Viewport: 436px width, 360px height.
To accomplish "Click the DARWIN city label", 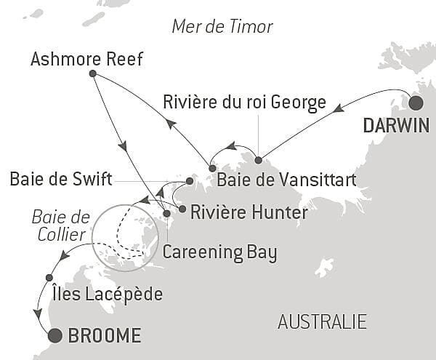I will (x=396, y=125).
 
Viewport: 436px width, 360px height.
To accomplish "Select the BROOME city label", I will (x=104, y=336).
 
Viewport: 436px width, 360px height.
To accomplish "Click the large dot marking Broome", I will (x=54, y=335).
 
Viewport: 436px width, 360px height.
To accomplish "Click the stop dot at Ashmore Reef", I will (x=92, y=73).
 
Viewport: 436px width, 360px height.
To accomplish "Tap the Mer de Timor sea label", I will (x=222, y=27).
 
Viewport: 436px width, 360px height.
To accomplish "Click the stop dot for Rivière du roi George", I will (x=258, y=159).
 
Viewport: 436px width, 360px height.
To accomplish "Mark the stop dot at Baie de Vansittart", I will (x=211, y=168).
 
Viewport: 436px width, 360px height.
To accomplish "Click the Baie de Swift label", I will (x=61, y=180).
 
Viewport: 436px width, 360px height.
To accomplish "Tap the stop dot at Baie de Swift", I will (x=189, y=180).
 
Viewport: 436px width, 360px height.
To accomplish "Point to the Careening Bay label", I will (x=220, y=252).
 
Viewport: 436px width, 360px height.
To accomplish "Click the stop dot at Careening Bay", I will (x=166, y=214).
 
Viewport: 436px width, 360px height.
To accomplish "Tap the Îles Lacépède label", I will (x=108, y=294).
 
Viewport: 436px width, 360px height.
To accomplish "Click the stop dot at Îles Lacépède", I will (x=49, y=277).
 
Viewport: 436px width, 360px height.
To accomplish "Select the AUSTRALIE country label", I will (x=323, y=321).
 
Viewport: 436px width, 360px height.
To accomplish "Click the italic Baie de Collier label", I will (x=61, y=225).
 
